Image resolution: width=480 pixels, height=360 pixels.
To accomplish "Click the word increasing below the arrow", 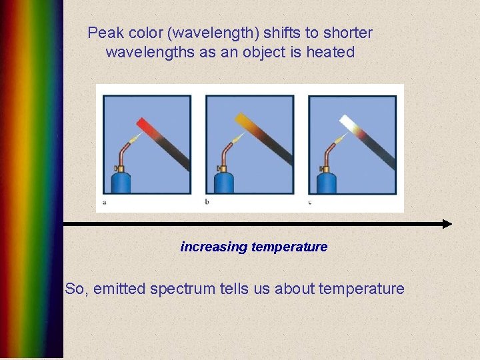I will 213,247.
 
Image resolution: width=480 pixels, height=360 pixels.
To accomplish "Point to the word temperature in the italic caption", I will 289,247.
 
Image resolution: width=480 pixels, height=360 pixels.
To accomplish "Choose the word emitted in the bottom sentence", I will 121,289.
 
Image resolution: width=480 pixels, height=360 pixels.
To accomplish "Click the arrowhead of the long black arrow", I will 446,224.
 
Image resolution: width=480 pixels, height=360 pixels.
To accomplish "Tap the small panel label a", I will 105,201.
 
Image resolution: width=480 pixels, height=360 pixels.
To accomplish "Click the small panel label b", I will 207,201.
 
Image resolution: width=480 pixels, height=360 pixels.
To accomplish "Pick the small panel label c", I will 310,201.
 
